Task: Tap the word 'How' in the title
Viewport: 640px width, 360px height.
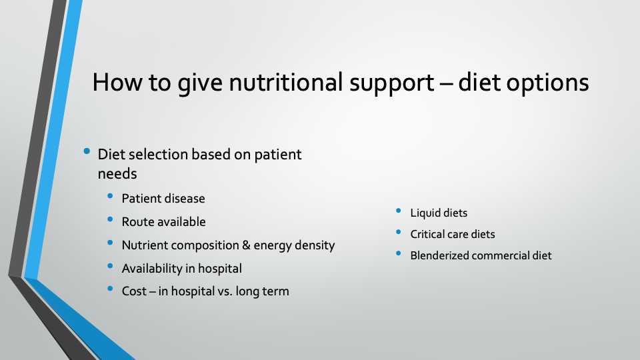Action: [117, 83]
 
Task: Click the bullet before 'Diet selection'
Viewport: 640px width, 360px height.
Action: [87, 151]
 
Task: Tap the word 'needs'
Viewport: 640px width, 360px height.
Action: [117, 174]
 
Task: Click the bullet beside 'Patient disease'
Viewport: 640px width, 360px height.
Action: [110, 196]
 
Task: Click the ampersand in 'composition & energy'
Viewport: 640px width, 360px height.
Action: [246, 245]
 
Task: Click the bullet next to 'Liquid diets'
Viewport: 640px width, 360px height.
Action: [399, 211]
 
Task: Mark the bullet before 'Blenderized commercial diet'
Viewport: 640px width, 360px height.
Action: [399, 253]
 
